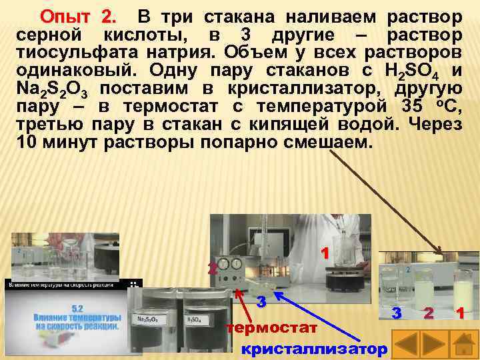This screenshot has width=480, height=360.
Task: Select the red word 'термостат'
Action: click(271, 328)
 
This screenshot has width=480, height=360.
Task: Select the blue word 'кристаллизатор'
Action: click(313, 349)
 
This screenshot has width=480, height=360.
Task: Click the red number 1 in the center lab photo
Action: click(325, 253)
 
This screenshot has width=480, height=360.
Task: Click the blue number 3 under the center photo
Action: click(263, 301)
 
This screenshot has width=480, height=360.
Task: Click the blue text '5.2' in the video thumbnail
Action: click(76, 308)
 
